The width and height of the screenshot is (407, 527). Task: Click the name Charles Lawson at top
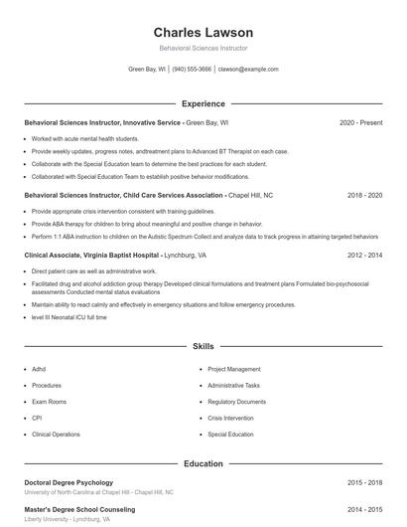pos(203,32)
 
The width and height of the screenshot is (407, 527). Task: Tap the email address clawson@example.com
pos(248,70)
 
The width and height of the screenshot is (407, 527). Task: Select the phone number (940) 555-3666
pos(192,70)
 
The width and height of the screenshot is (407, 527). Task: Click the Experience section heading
pos(203,103)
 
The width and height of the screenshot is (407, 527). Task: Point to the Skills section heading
pos(203,347)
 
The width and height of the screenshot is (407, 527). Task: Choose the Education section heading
pos(203,463)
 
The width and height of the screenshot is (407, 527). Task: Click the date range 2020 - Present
pos(360,122)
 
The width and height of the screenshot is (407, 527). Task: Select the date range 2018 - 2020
pos(364,196)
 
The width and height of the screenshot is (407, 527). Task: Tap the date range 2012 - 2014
pos(364,255)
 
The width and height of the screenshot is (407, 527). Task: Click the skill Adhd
pos(40,369)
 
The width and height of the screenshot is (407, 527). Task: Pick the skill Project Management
pos(233,369)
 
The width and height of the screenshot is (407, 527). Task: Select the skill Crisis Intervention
pos(230,418)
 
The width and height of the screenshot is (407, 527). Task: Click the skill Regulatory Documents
pos(236,402)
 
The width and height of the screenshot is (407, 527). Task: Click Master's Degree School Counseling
pos(78,509)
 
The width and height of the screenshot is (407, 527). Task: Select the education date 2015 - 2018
pos(364,482)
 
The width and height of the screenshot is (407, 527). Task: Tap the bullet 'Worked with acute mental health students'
pos(84,138)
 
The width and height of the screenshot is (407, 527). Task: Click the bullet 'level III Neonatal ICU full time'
pos(69,316)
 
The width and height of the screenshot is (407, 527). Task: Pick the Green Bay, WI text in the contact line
pos(147,70)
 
